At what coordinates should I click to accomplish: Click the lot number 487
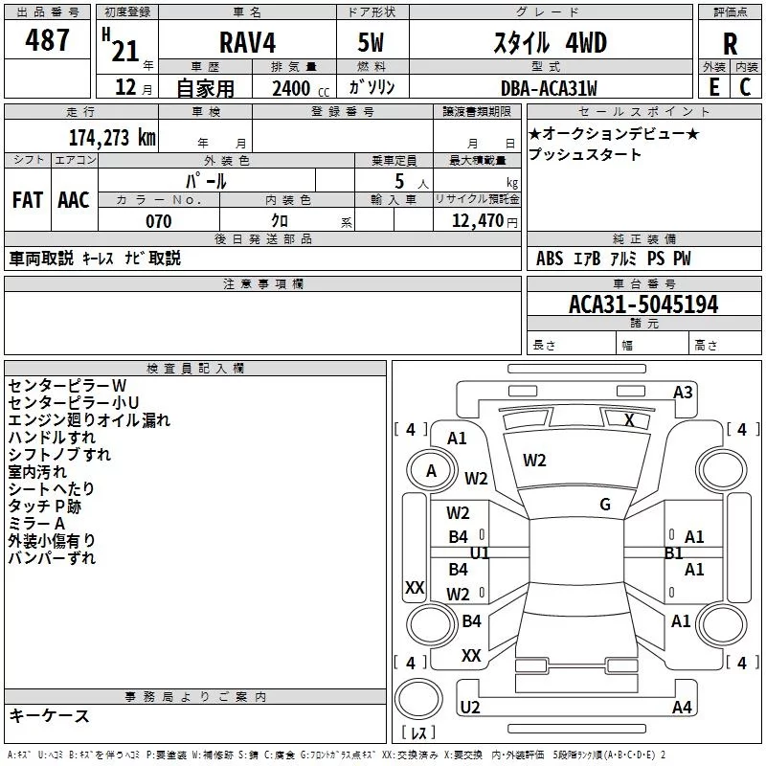point(49,41)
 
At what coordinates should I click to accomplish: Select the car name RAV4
point(248,44)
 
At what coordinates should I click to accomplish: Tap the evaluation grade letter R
point(730,44)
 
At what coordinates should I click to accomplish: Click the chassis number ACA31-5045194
point(643,305)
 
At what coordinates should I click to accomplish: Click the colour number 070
point(158,221)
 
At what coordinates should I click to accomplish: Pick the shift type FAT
point(27,200)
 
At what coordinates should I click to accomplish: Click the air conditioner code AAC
point(74,200)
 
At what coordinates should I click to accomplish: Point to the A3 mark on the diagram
point(683,392)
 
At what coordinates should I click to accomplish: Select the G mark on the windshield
point(605,505)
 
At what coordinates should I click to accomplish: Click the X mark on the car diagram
point(629,419)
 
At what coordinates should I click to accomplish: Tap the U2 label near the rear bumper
point(469,708)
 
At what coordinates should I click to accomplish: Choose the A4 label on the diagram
point(682,708)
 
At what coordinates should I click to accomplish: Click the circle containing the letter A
point(431,471)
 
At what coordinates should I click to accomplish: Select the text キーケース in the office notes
point(49,715)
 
